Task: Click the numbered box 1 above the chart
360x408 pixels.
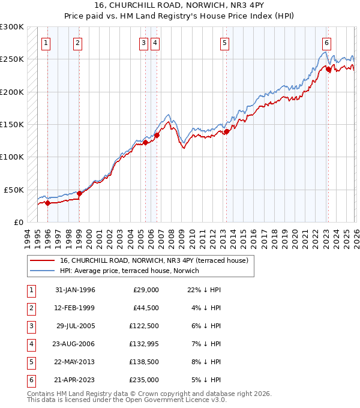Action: coord(47,43)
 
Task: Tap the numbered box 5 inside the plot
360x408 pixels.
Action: coord(224,43)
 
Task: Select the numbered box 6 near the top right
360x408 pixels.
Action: coord(326,43)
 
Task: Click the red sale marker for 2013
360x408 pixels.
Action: coord(227,132)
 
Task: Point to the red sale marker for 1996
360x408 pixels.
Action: coord(47,203)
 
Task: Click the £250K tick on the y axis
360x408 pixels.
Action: coord(12,59)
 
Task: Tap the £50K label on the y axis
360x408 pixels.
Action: coord(14,190)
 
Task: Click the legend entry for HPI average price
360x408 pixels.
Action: coord(129,271)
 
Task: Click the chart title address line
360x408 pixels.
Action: coord(179,6)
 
